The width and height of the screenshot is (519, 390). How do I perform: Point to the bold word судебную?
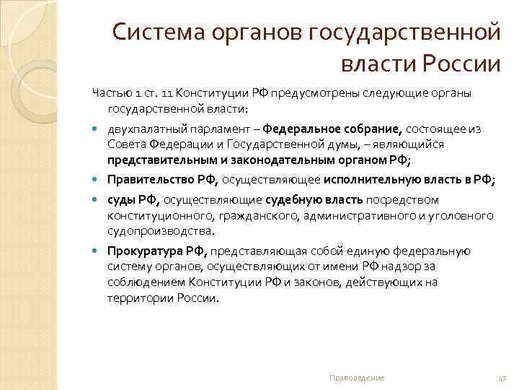click(291, 199)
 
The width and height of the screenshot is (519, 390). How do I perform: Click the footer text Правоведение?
click(356, 378)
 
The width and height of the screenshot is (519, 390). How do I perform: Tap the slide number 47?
click(502, 378)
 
